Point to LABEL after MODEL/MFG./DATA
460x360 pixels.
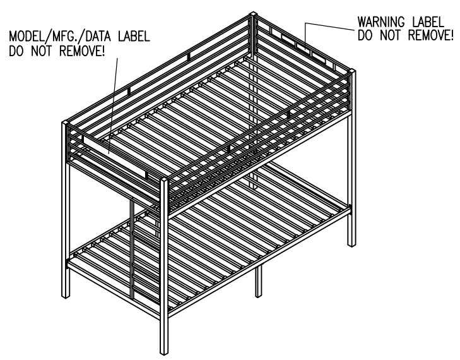[x=133, y=36]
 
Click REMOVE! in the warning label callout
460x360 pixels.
[x=428, y=35]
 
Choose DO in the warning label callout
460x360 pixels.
[x=365, y=35]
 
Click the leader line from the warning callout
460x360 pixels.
[x=327, y=24]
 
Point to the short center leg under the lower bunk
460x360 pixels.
[x=258, y=292]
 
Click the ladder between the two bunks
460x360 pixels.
[x=134, y=253]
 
